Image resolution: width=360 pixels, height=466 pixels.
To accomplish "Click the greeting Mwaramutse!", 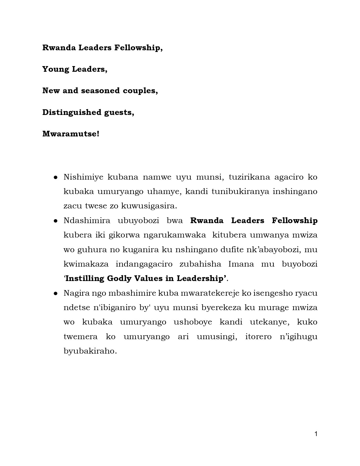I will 71,134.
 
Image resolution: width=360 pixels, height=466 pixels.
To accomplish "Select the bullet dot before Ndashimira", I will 56,221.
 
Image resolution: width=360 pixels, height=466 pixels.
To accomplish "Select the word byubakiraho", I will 90,351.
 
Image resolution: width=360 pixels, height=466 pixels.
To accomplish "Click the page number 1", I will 316,434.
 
